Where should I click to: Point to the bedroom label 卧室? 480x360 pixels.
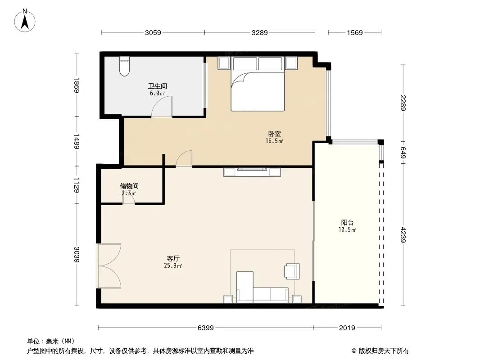(274, 134)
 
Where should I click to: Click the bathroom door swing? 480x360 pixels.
(162, 108)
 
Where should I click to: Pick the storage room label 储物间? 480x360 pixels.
(129, 186)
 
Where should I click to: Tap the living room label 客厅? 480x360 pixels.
(173, 259)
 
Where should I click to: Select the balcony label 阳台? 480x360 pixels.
(347, 222)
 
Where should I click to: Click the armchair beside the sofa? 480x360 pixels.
(291, 271)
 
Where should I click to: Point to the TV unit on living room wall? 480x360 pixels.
(253, 171)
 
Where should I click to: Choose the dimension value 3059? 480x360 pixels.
(153, 32)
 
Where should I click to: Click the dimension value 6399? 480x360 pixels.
(206, 328)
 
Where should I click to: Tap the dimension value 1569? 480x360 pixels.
(355, 32)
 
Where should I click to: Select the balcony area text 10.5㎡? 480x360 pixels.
(347, 230)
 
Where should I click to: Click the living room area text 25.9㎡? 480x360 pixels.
(173, 266)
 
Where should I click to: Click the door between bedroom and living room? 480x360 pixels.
(184, 159)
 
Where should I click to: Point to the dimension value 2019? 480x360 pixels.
(348, 328)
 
